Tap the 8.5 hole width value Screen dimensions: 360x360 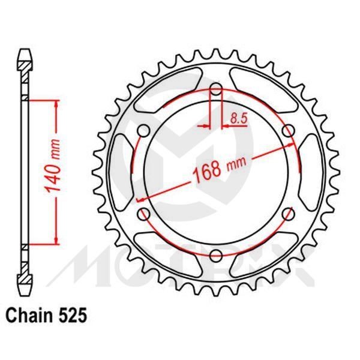(238, 118)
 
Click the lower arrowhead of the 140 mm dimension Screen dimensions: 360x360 (57, 240)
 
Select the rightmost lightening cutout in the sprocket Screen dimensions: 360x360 (314, 172)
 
